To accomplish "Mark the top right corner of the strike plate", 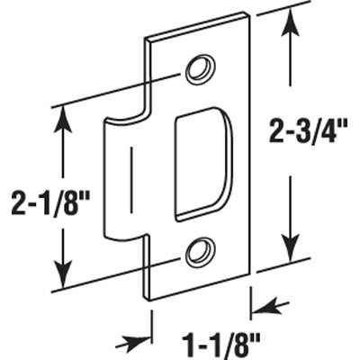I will click(246, 14).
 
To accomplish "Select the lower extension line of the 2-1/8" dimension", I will click(99, 277).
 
